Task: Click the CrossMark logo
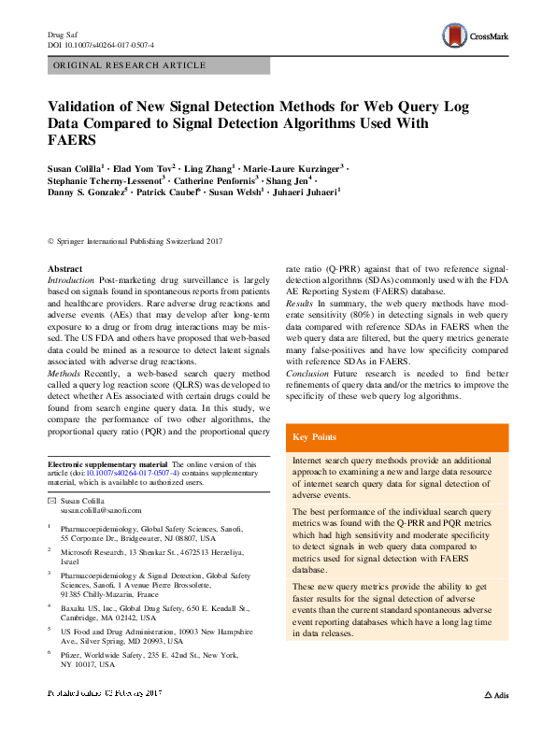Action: [x=479, y=37]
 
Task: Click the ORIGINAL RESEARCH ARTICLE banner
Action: [x=130, y=65]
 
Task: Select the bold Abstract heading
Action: [x=64, y=269]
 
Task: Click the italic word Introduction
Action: [x=71, y=280]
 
